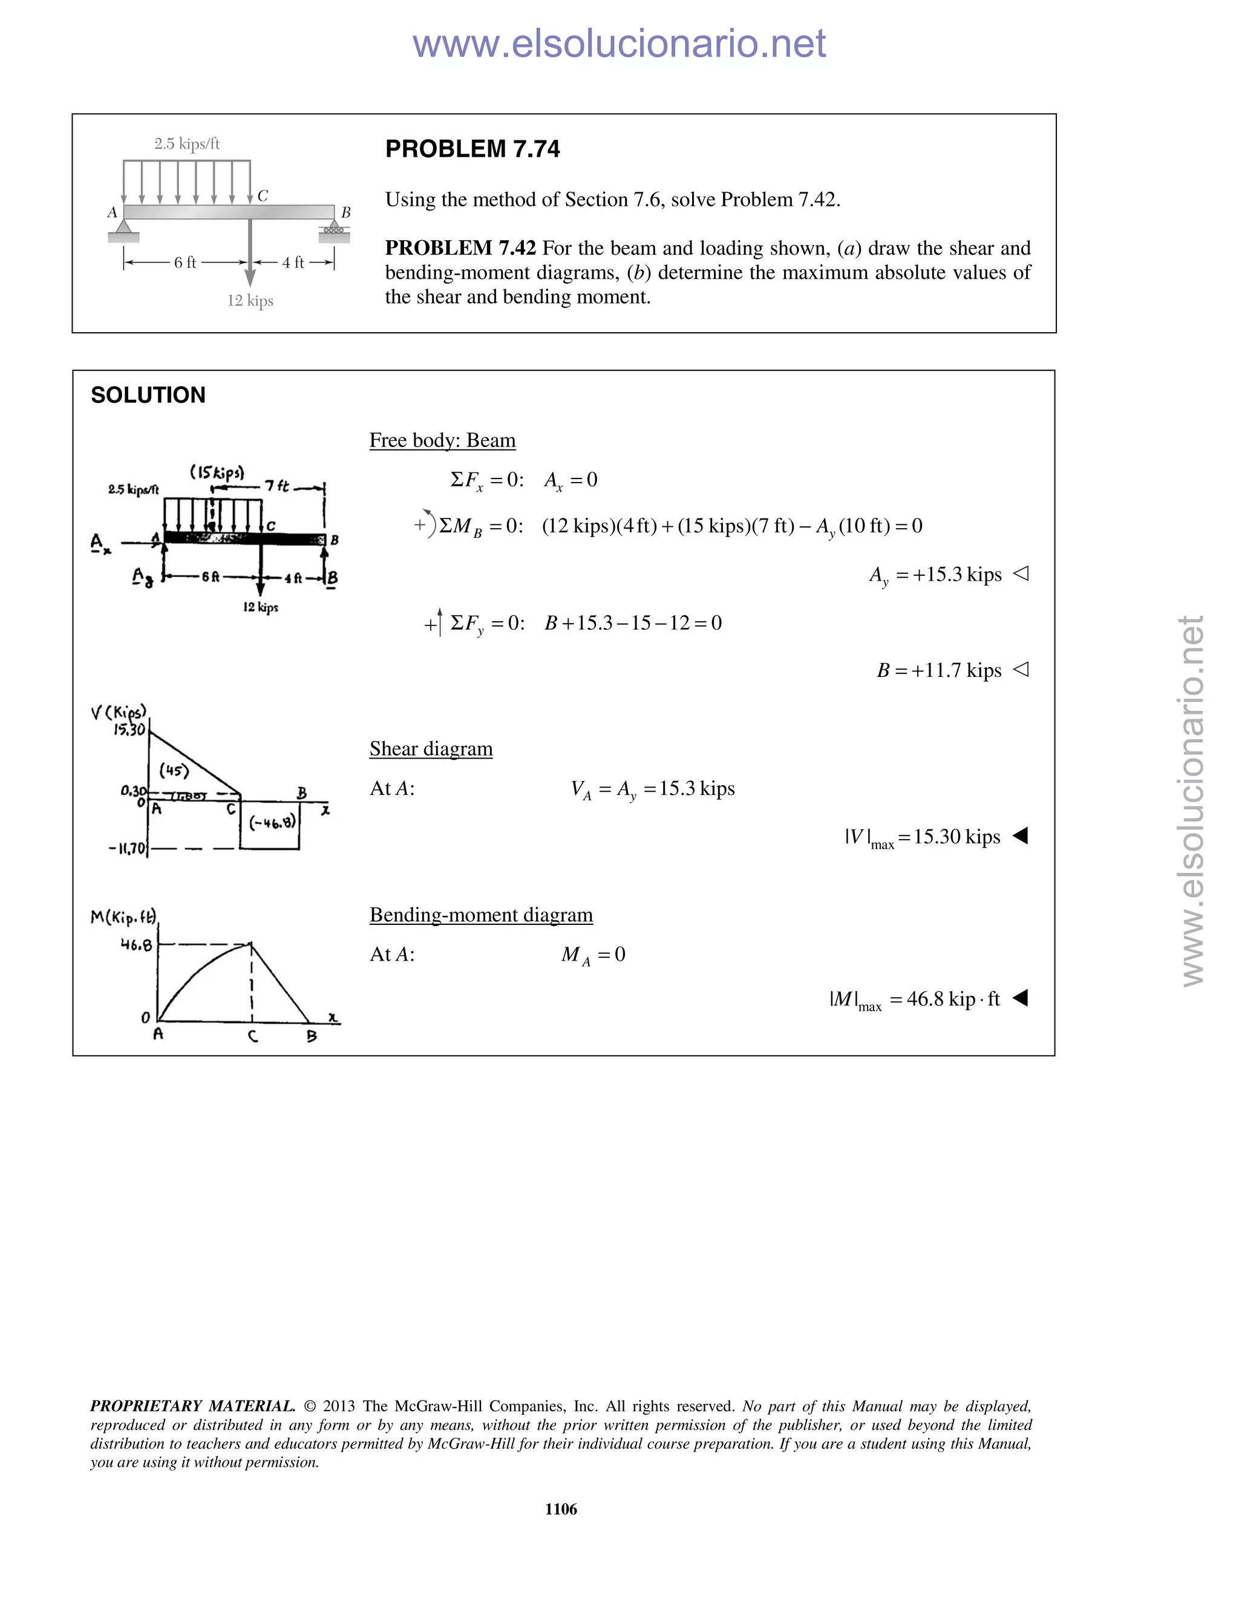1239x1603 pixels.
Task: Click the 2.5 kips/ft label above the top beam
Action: click(x=186, y=144)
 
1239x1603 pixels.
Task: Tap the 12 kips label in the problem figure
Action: click(x=250, y=300)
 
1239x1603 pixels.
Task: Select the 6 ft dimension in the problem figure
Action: click(x=185, y=263)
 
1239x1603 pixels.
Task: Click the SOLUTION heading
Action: click(x=148, y=395)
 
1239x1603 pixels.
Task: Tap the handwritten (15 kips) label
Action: click(x=217, y=472)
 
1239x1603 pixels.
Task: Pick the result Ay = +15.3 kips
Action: click(x=935, y=575)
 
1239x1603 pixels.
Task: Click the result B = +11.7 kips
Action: click(x=939, y=671)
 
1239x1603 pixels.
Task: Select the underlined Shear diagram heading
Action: click(x=431, y=749)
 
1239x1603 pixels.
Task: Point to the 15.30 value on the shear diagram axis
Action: click(x=129, y=730)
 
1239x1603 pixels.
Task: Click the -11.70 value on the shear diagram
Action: click(x=128, y=849)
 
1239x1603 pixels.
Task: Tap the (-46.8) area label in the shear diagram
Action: click(x=273, y=823)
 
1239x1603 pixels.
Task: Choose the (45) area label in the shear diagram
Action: click(x=174, y=771)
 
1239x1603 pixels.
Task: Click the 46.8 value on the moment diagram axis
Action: click(x=137, y=945)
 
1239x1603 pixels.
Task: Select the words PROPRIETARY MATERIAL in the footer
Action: click(x=192, y=1406)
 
